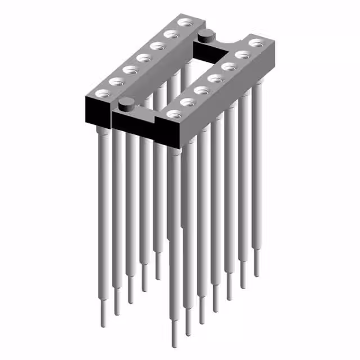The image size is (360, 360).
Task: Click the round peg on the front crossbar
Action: pos(127,103)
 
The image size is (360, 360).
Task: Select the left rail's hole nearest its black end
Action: pos(102,93)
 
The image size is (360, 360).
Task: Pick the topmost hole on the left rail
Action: pos(183,23)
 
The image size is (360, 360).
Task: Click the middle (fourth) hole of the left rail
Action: pos(143,57)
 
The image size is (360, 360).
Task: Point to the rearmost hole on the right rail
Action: pos(255,42)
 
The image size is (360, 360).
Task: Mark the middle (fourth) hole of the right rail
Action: pos(214,78)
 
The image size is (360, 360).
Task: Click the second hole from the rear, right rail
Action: pos(242,54)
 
